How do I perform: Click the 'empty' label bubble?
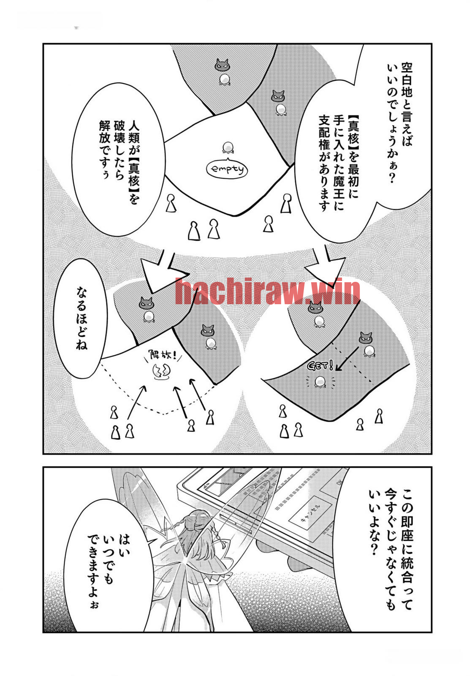(226, 169)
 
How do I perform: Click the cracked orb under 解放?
(161, 372)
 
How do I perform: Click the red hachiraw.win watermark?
(268, 291)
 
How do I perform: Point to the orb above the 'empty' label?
(228, 148)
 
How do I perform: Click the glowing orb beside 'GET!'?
(319, 382)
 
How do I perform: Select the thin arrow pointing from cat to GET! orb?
(347, 358)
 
